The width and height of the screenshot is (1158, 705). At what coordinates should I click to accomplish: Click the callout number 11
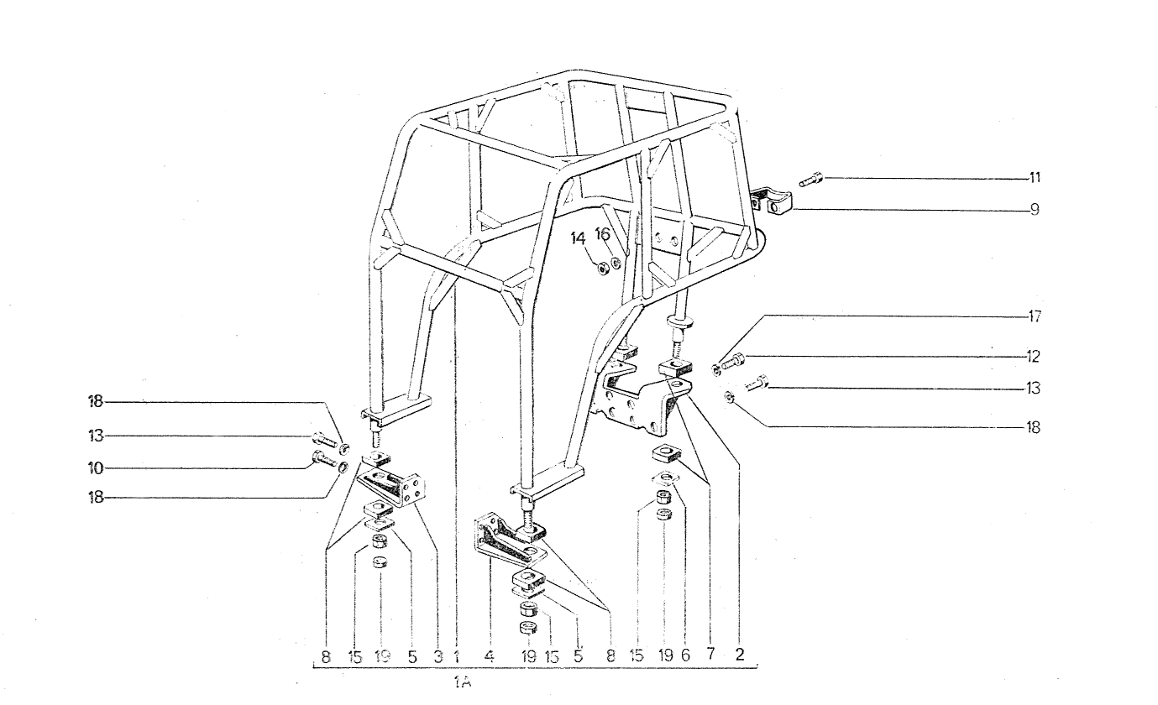[x=1035, y=178]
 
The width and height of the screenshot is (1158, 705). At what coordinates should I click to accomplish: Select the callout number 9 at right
[x=1035, y=209]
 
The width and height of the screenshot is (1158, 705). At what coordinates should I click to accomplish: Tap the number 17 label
[x=1035, y=316]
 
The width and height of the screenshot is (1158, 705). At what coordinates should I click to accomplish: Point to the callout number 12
[x=1034, y=356]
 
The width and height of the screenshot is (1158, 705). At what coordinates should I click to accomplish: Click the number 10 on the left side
[x=96, y=468]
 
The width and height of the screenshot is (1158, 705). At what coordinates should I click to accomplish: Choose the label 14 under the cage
[x=578, y=238]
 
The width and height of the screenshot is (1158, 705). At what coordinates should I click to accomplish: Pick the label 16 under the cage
[x=603, y=234]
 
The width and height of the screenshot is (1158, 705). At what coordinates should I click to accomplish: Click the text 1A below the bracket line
[x=464, y=683]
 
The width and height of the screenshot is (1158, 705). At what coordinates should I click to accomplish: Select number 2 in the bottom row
[x=739, y=655]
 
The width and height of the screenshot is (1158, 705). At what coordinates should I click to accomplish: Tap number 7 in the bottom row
[x=710, y=654]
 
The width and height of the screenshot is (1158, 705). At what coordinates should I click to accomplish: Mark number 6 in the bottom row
[x=685, y=655]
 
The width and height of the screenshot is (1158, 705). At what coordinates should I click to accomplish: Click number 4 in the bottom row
[x=489, y=656]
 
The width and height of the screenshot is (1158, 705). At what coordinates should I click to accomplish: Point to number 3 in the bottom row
[x=438, y=657]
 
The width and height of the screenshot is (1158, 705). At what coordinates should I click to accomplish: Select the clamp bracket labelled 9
[x=772, y=203]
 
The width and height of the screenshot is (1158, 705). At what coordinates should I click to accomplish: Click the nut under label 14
[x=602, y=269]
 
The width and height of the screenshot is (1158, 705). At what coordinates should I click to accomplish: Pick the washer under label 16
[x=616, y=264]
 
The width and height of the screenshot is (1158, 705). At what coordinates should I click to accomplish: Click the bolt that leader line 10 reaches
[x=325, y=458]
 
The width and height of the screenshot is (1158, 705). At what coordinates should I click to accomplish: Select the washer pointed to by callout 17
[x=716, y=370]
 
